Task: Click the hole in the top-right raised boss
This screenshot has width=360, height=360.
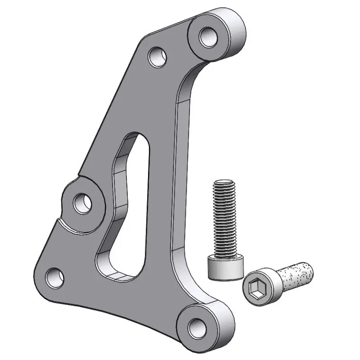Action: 207,36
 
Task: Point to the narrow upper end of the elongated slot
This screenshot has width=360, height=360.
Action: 138,139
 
